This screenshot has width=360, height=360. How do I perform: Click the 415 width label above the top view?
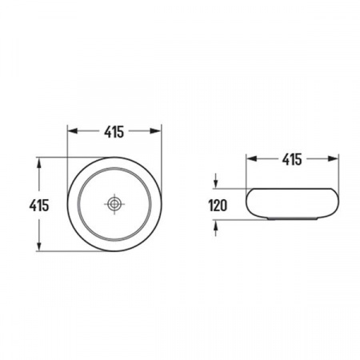114,132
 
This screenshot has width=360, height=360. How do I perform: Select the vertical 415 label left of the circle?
39,206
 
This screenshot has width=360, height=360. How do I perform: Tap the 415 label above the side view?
292,159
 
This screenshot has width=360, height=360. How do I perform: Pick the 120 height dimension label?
218,206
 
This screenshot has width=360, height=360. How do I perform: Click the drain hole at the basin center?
114,204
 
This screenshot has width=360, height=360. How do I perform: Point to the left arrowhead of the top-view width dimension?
72,131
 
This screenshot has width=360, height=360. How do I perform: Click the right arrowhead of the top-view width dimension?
156,131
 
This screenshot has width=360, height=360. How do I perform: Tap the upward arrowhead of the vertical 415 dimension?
39,163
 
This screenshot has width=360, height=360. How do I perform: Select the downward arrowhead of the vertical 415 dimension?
39,246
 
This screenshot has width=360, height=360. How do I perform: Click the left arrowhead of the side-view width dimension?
251,159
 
